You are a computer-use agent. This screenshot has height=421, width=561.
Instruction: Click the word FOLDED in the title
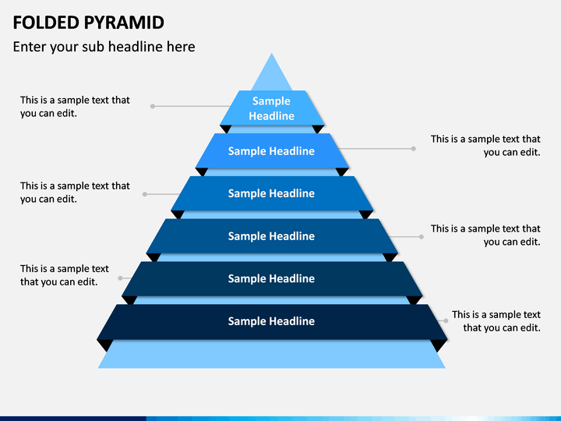(x=46, y=23)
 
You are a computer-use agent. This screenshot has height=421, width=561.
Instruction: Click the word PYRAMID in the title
(x=124, y=23)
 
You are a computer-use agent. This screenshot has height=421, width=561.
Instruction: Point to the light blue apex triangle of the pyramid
(x=272, y=73)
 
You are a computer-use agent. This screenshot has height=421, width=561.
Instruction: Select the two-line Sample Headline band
(x=272, y=108)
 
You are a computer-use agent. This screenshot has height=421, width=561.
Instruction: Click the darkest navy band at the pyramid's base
(x=272, y=322)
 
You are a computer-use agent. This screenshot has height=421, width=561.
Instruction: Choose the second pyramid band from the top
(x=272, y=150)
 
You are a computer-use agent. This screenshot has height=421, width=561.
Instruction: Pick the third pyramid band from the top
(x=272, y=193)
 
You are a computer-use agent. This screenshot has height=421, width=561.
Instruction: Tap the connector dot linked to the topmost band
(x=153, y=106)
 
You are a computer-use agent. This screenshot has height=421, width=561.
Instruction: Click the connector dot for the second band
(x=413, y=149)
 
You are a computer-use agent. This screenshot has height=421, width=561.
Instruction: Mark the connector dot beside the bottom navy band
(x=446, y=320)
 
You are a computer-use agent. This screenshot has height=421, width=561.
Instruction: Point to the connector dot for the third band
(x=145, y=194)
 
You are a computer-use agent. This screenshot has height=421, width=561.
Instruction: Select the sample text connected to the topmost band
(x=75, y=107)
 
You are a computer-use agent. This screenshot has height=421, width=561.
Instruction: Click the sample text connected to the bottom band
(x=496, y=321)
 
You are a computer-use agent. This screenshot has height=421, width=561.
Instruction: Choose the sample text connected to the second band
(x=485, y=146)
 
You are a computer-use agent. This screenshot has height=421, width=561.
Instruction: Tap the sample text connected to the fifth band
(x=65, y=275)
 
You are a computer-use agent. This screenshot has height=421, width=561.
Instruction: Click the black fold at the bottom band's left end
(x=105, y=345)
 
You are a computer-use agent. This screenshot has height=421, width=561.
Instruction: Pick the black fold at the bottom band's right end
(x=439, y=345)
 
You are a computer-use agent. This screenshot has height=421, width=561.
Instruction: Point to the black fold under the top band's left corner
(x=226, y=129)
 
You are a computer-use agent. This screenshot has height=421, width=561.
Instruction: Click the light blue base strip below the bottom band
(x=272, y=355)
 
